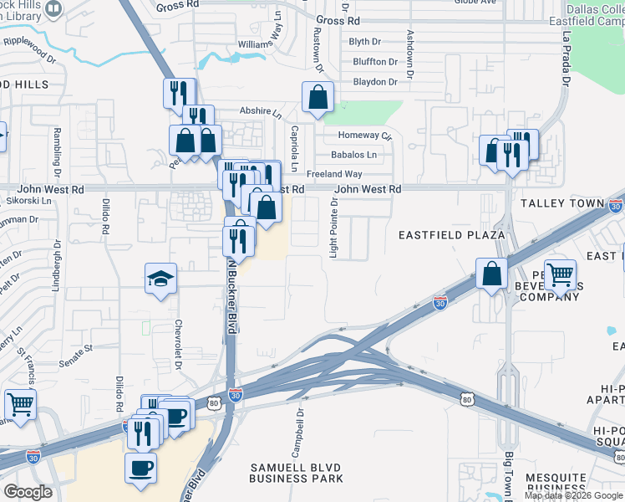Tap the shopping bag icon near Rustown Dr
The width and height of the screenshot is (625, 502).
click(x=318, y=98)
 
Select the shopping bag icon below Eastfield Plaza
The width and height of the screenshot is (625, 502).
click(x=492, y=274)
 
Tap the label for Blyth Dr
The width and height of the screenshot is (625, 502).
click(x=371, y=41)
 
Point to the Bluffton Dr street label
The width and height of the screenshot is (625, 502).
click(x=375, y=62)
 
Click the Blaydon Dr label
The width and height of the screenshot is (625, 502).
click(x=375, y=82)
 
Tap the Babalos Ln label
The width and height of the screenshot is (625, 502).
click(x=354, y=155)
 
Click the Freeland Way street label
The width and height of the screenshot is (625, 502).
click(x=334, y=174)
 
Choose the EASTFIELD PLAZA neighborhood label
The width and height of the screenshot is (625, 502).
click(x=452, y=235)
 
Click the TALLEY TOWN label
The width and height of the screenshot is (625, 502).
click(x=561, y=203)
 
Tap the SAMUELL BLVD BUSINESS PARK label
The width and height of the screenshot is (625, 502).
click(x=296, y=472)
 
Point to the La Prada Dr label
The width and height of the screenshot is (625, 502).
click(x=566, y=59)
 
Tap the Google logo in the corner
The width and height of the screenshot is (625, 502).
click(x=28, y=492)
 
